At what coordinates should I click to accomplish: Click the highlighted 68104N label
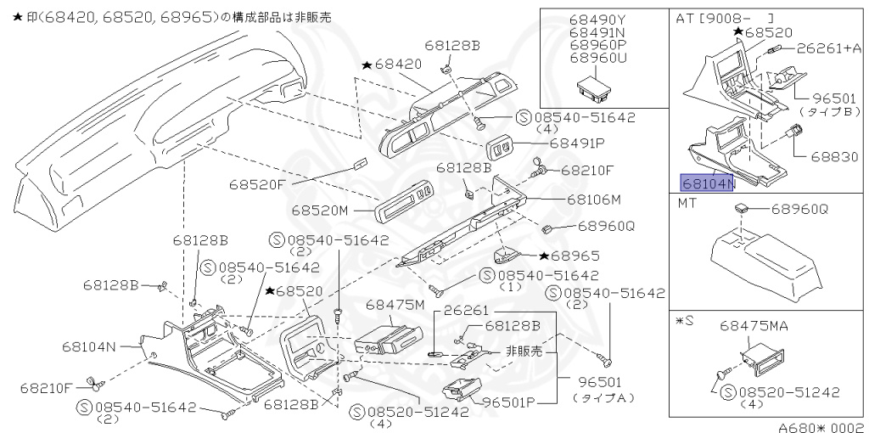[x=705, y=182]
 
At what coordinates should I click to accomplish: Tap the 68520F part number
[x=258, y=183]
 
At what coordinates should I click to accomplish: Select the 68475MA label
[x=755, y=325]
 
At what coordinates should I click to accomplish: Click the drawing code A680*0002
[x=822, y=426]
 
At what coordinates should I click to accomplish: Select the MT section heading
[x=687, y=205]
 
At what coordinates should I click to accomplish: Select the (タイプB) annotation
[x=822, y=112]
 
